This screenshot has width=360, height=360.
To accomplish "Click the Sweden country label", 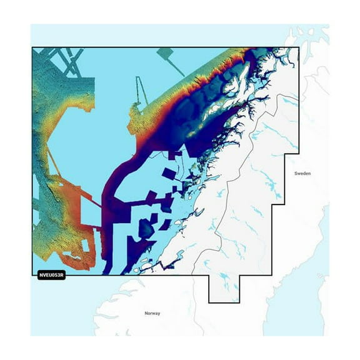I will coord(302,173).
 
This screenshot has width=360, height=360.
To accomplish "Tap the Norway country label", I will coord(152,312).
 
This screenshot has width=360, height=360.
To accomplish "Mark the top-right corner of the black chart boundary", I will coord(299,47).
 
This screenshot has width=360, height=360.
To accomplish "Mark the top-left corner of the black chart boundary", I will coord(32,47).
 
